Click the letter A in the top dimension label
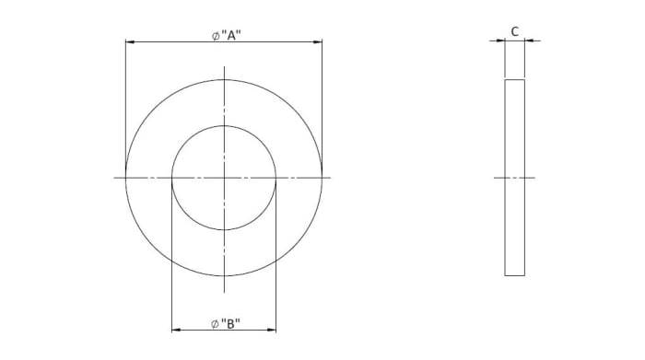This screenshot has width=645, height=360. point(230,36)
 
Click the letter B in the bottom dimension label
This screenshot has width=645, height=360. point(230,324)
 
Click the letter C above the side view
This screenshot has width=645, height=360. point(514,31)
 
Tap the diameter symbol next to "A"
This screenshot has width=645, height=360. point(216,36)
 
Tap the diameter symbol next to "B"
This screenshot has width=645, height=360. point(215,324)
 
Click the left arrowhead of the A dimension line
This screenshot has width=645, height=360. point(130,42)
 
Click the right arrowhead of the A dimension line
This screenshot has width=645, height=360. point(318,42)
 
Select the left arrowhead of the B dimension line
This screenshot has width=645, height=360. point(176,330)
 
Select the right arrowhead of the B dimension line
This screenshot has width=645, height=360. point(272,330)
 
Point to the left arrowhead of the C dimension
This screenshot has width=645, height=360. point(500,41)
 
